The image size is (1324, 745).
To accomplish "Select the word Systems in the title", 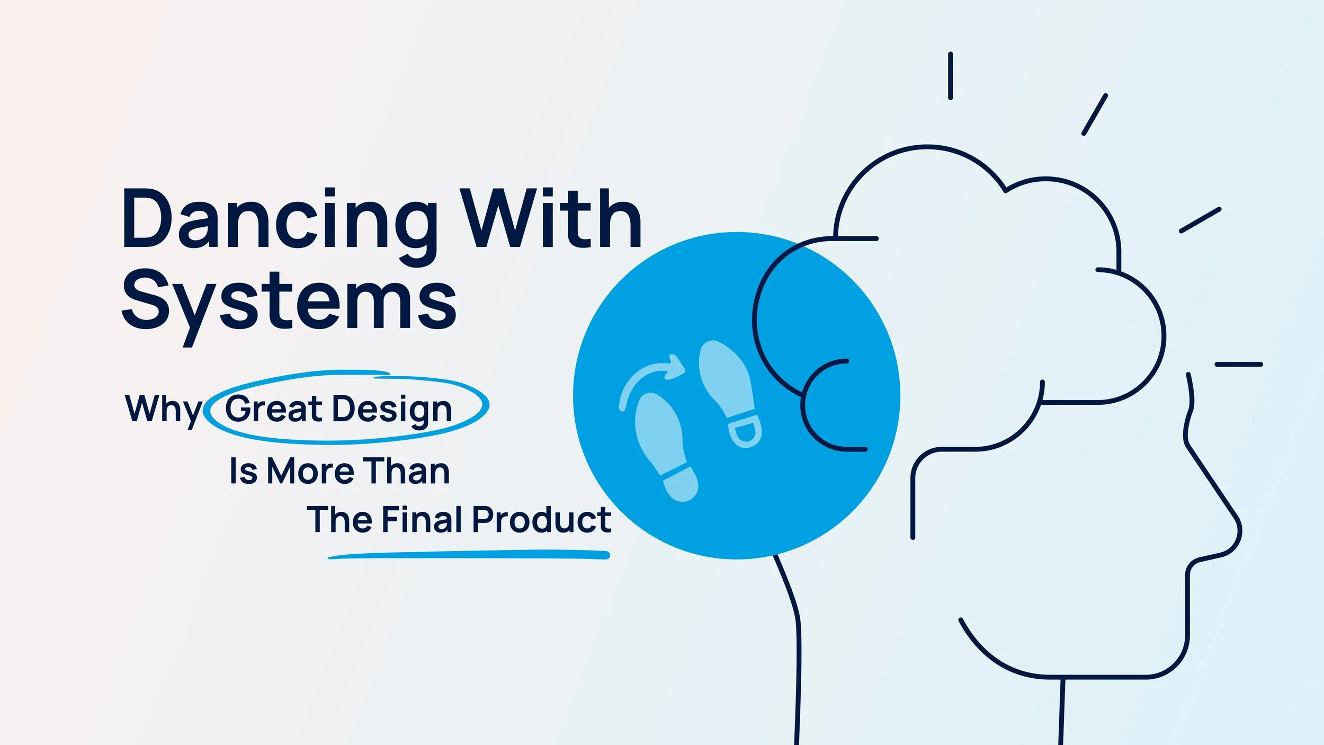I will coord(289,302).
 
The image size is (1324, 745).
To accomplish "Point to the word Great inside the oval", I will coord(273,409).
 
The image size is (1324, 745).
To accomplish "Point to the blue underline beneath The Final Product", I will coord(469,555).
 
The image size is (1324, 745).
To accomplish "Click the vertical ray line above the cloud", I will coord(951,76).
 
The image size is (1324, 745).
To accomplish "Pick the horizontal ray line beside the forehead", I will coord(1239,365).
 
